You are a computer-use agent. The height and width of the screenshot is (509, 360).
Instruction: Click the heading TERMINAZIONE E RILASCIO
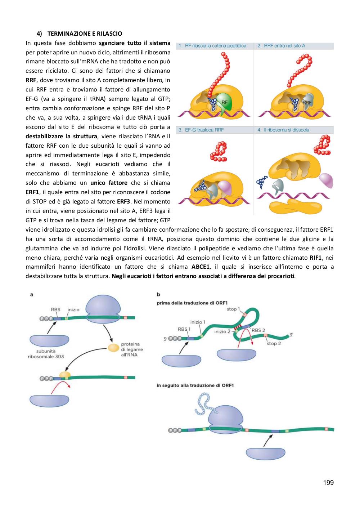(x=85, y=34)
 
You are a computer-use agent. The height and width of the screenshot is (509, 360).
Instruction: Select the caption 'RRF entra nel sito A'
(x=284, y=46)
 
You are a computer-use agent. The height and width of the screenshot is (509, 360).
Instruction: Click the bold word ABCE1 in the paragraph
(x=200, y=267)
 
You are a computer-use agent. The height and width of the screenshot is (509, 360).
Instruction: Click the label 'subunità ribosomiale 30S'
(x=46, y=354)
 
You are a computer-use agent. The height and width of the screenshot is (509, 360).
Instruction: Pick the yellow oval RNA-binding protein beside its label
(x=113, y=348)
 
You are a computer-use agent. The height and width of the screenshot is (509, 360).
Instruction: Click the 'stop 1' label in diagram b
(x=233, y=309)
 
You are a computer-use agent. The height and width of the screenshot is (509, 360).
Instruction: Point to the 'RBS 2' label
(x=258, y=330)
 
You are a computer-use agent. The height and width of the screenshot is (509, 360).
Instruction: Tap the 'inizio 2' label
(x=222, y=331)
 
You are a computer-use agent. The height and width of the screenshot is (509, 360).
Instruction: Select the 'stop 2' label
(x=274, y=343)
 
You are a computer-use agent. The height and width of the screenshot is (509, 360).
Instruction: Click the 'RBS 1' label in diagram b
(x=184, y=329)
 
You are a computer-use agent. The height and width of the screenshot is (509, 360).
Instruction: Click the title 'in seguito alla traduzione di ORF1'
(x=195, y=385)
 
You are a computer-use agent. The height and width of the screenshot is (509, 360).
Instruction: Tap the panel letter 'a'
(x=32, y=295)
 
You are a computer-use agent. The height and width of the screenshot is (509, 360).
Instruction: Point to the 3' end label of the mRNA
(x=291, y=335)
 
